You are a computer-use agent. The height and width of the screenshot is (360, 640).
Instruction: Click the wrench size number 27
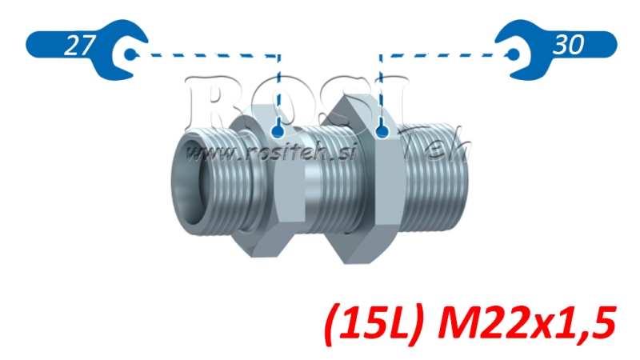[75, 46]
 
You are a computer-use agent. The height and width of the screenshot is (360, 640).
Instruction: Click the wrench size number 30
[568, 45]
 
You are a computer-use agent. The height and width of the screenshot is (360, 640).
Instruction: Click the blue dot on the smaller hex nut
[278, 130]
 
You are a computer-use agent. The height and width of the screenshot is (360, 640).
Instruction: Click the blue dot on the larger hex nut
[382, 130]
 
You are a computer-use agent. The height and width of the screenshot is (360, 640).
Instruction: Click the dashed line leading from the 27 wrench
[208, 55]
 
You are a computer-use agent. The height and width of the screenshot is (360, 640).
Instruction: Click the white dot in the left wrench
[130, 54]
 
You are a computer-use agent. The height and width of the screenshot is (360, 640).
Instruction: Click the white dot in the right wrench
[513, 54]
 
